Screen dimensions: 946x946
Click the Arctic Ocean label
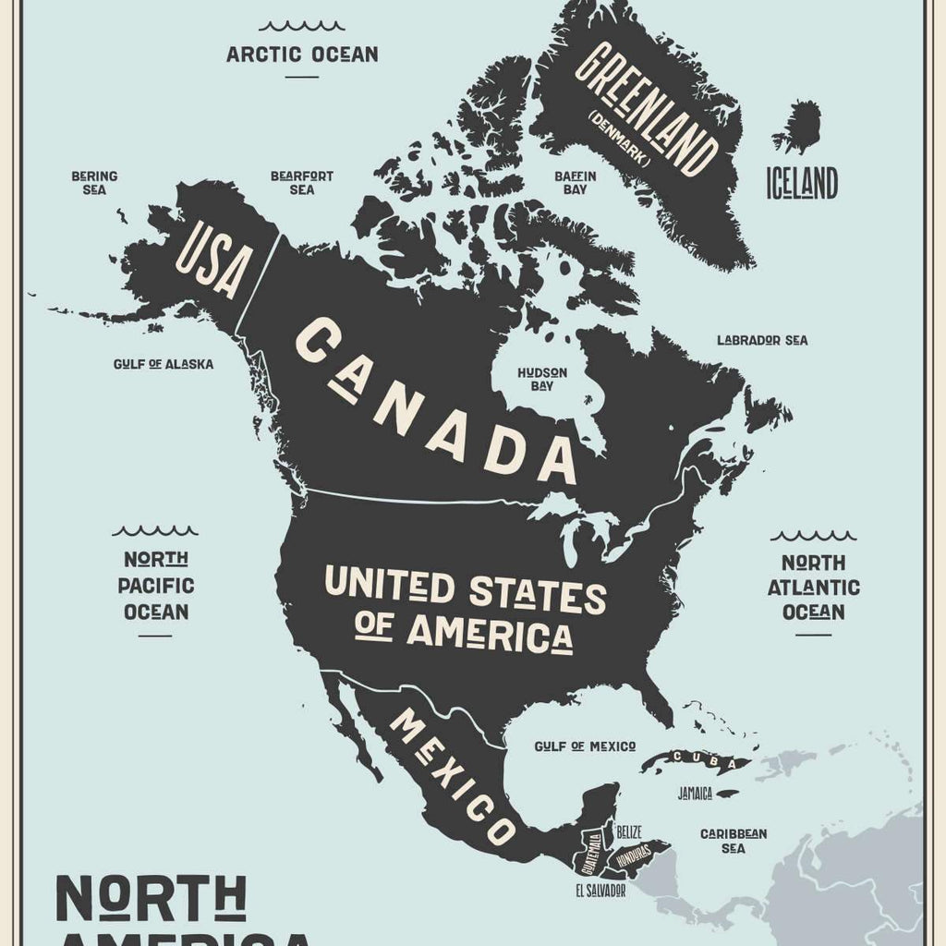pos(302,54)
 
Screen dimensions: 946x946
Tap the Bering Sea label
pos(94,182)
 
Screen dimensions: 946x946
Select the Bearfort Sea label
pos(302,182)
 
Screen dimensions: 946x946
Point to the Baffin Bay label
pos(575,182)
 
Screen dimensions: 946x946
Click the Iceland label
pos(801,183)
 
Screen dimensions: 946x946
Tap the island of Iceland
pos(800,127)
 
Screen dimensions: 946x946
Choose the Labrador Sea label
pos(762,340)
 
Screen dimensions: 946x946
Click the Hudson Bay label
pos(542,379)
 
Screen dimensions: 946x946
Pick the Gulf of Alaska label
pos(164,364)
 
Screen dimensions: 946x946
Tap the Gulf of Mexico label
pos(586,746)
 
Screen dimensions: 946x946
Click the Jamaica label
pos(695,793)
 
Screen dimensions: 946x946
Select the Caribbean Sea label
pos(733,840)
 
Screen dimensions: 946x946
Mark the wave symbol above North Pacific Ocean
pos(154,531)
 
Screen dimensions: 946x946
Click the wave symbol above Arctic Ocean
pos(302,26)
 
